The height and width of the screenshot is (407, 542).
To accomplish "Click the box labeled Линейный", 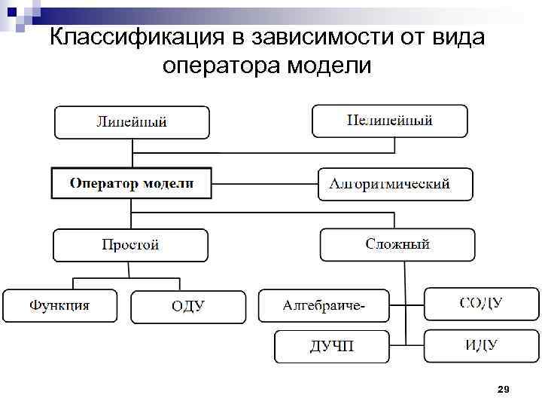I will click(131, 122).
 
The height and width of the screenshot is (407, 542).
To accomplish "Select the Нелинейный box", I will click(389, 121).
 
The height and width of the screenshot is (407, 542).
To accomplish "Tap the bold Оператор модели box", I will click(131, 183).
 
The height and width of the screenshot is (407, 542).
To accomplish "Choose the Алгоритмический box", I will click(395, 184).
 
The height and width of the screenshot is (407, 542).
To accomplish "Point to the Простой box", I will click(130, 245).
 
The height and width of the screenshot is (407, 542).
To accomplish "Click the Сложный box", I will click(397, 244).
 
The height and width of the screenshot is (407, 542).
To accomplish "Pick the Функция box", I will click(59, 306).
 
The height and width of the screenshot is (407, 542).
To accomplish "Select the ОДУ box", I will click(187, 307).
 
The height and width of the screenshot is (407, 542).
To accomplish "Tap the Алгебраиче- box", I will click(324, 306).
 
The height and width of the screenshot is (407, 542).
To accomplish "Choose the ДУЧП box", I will click(331, 347).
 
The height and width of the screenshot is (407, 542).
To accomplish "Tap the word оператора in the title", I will click(221, 66).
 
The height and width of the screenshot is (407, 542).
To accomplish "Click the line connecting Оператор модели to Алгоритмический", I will click(264, 183).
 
